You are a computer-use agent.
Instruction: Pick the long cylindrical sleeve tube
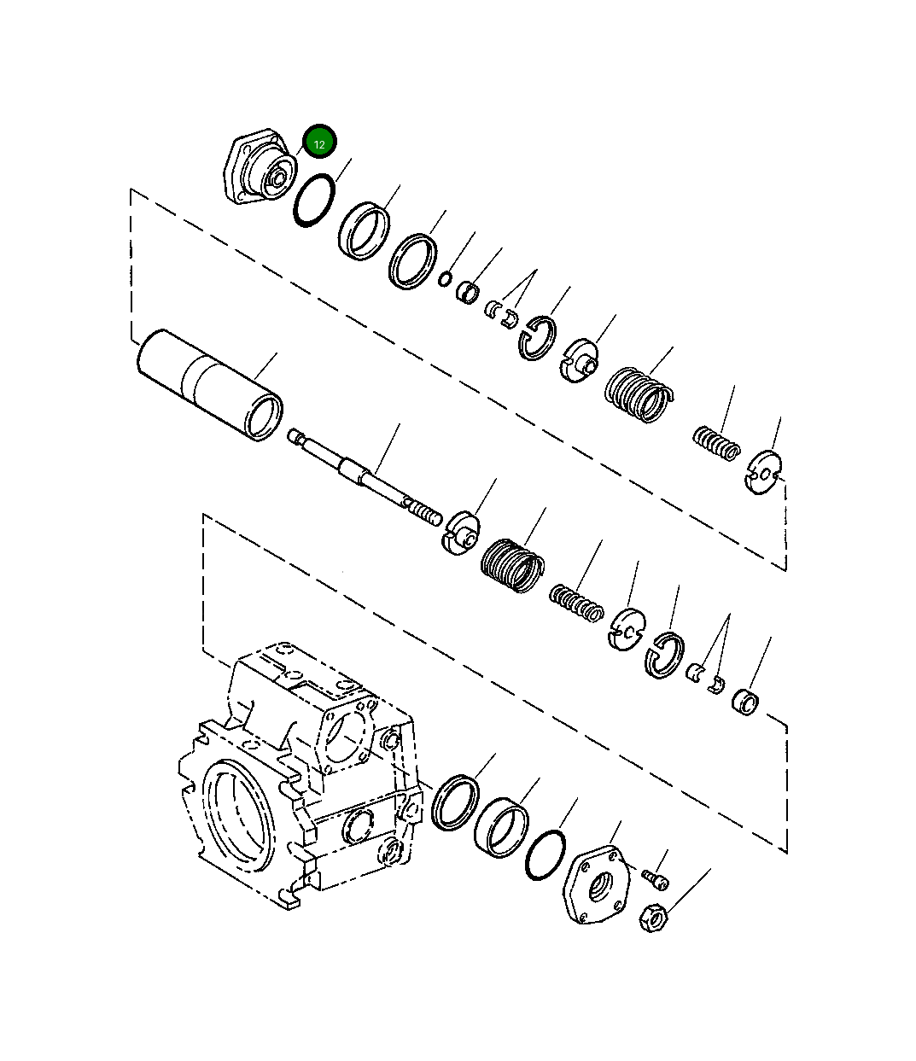pyautogui.click(x=208, y=385)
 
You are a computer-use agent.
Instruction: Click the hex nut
pyautogui.click(x=653, y=920)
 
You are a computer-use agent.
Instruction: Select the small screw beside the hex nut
pyautogui.click(x=656, y=877)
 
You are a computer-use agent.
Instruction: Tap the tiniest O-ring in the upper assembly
pyautogui.click(x=445, y=278)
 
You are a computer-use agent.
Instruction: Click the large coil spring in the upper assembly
pyautogui.click(x=637, y=394)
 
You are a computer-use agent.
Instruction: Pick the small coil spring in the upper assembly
pyautogui.click(x=715, y=442)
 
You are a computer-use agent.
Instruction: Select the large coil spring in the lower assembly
pyautogui.click(x=511, y=564)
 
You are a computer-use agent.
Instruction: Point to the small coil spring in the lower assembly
pyautogui.click(x=578, y=603)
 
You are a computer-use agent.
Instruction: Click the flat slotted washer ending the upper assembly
pyautogui.click(x=762, y=472)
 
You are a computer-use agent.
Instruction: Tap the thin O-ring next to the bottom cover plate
pyautogui.click(x=546, y=854)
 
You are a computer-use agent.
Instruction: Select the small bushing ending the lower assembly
pyautogui.click(x=745, y=702)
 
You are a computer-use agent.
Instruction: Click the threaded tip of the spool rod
pyautogui.click(x=426, y=513)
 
